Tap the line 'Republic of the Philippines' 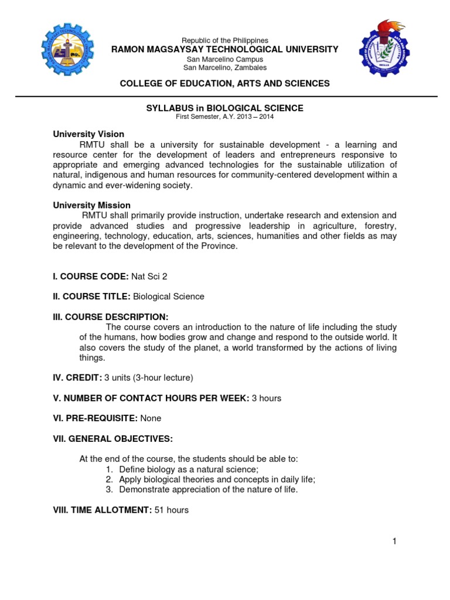click(225, 40)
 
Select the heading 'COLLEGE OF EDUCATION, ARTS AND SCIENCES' click(225, 84)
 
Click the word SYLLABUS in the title click(166, 108)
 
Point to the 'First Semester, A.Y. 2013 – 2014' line click(225, 117)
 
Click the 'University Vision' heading click(88, 134)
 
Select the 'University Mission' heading click(92, 205)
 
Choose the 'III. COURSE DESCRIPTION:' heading click(111, 317)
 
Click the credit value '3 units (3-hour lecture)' click(148, 377)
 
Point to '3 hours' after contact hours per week click(267, 398)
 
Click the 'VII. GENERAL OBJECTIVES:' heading click(113, 438)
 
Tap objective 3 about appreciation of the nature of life click(208, 489)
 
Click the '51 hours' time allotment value click(172, 510)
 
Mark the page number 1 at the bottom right click(395, 541)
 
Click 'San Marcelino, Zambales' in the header click(225, 67)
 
